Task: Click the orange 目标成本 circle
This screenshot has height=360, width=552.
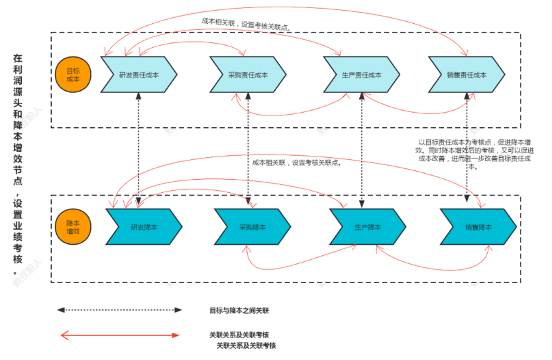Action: (x=73, y=74)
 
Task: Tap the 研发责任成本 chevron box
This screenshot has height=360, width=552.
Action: (x=139, y=75)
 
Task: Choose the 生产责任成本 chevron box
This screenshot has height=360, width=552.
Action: (x=362, y=75)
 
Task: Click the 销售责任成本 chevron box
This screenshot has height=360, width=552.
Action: (x=467, y=75)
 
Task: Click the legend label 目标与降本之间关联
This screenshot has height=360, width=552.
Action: (x=239, y=310)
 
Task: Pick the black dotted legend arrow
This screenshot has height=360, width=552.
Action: (x=119, y=310)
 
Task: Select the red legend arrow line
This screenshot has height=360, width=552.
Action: (x=119, y=335)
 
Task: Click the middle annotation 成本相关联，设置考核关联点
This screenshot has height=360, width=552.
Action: (x=298, y=162)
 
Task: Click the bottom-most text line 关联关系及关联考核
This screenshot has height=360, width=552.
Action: (x=246, y=346)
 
